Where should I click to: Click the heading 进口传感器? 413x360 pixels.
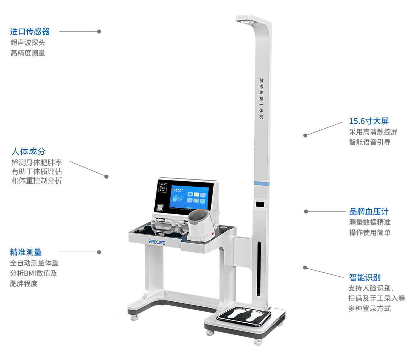[30, 32]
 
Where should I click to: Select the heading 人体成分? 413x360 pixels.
[29, 152]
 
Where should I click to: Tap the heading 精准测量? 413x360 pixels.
[26, 252]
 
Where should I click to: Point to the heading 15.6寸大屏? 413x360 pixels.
[369, 121]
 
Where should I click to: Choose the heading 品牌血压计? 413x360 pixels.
[369, 211]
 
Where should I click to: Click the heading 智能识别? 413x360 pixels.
[365, 278]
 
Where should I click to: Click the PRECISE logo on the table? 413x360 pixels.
[157, 242]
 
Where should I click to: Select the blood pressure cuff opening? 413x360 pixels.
[198, 218]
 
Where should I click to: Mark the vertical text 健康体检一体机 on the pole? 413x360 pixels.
[262, 98]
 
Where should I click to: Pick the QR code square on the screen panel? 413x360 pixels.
[160, 208]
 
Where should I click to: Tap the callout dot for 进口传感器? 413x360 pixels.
[99, 32]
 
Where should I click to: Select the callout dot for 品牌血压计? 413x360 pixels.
[306, 211]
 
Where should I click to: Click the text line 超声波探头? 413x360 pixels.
[28, 42]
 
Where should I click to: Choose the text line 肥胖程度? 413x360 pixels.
[24, 284]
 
